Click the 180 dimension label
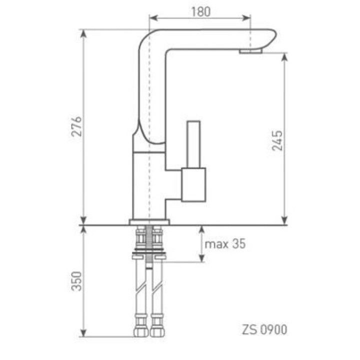click(x=200, y=11)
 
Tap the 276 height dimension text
click(x=76, y=126)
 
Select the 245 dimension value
click(x=277, y=140)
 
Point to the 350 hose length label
click(x=76, y=281)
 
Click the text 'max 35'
click(x=225, y=244)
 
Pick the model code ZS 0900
click(x=264, y=329)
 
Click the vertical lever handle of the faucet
click(x=193, y=144)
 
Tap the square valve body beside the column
click(x=193, y=185)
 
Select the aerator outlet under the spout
click(x=250, y=51)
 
